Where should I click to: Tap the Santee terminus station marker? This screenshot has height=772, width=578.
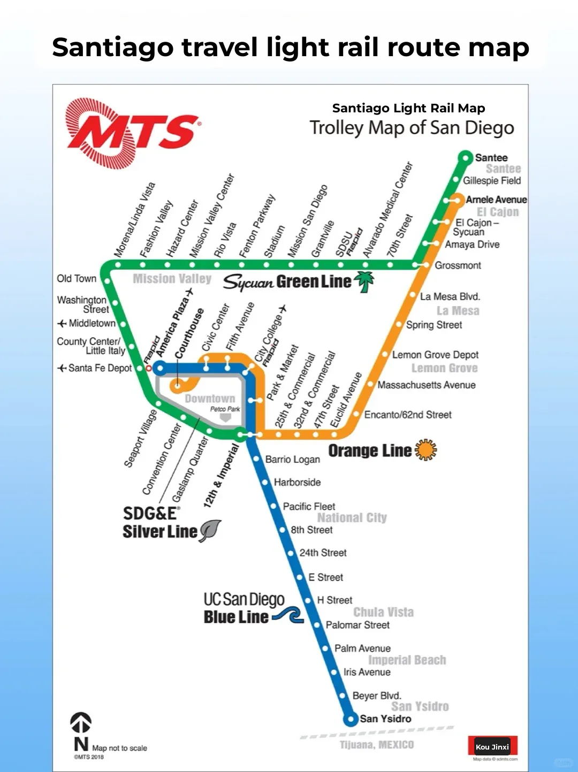pyautogui.click(x=466, y=157)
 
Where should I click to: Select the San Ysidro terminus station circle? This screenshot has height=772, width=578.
pyautogui.click(x=350, y=719)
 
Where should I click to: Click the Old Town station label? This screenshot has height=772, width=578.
pyautogui.click(x=77, y=279)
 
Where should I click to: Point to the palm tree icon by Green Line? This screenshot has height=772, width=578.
pyautogui.click(x=365, y=281)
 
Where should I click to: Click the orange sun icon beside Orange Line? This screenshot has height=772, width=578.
pyautogui.click(x=426, y=450)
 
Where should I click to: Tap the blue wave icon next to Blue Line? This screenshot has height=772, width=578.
pyautogui.click(x=288, y=616)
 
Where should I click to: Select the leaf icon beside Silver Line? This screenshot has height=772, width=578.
pyautogui.click(x=210, y=531)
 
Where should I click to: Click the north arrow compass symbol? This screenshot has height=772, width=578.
pyautogui.click(x=81, y=723)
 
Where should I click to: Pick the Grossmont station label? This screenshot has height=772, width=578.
pyautogui.click(x=458, y=265)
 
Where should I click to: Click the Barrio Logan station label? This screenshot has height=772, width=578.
pyautogui.click(x=292, y=460)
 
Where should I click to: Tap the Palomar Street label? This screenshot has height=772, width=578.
pyautogui.click(x=358, y=625)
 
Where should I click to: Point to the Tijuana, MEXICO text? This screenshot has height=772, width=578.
pyautogui.click(x=377, y=745)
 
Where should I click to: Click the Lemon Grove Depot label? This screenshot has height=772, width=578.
pyautogui.click(x=435, y=355)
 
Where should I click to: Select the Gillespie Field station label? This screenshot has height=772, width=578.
pyautogui.click(x=492, y=181)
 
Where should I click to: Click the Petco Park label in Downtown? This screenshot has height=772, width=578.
pyautogui.click(x=225, y=409)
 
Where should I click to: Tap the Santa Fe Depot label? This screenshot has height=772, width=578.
pyautogui.click(x=100, y=368)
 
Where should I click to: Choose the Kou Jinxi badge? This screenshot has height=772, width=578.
pyautogui.click(x=492, y=747)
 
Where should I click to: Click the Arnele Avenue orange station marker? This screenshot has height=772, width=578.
pyautogui.click(x=457, y=200)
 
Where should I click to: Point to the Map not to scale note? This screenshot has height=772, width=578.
pyautogui.click(x=119, y=748)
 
